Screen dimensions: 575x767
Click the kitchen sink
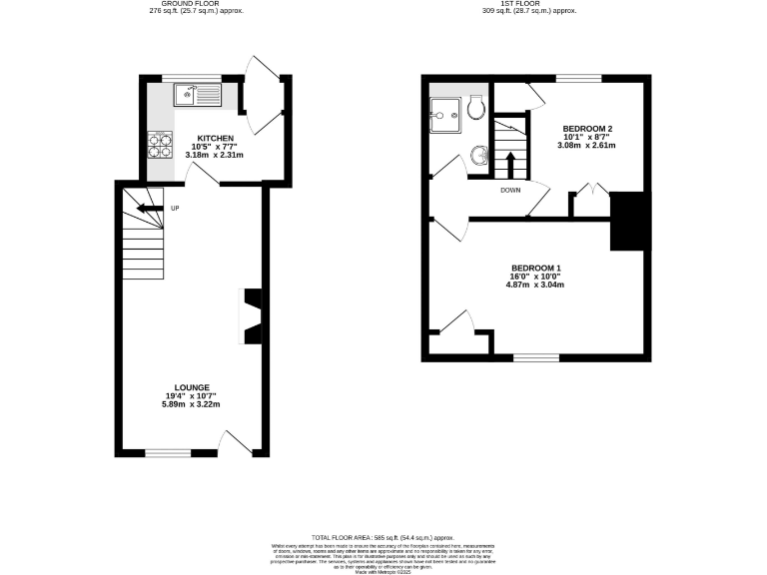[197, 95]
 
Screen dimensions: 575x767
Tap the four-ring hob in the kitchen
[161, 147]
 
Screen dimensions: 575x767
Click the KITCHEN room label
[215, 138]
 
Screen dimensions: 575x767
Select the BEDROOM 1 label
[535, 268]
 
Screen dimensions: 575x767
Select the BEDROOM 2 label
[587, 129]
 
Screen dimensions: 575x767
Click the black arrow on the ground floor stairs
[150, 209]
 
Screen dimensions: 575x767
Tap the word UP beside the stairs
[176, 209]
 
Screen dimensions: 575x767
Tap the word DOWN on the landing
[510, 190]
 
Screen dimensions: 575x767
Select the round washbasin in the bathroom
[479, 155]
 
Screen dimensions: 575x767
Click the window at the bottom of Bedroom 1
[536, 356]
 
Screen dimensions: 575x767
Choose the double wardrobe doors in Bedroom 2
[592, 190]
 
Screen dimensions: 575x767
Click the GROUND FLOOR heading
[191, 5]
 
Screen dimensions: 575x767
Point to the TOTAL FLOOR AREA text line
[383, 537]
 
